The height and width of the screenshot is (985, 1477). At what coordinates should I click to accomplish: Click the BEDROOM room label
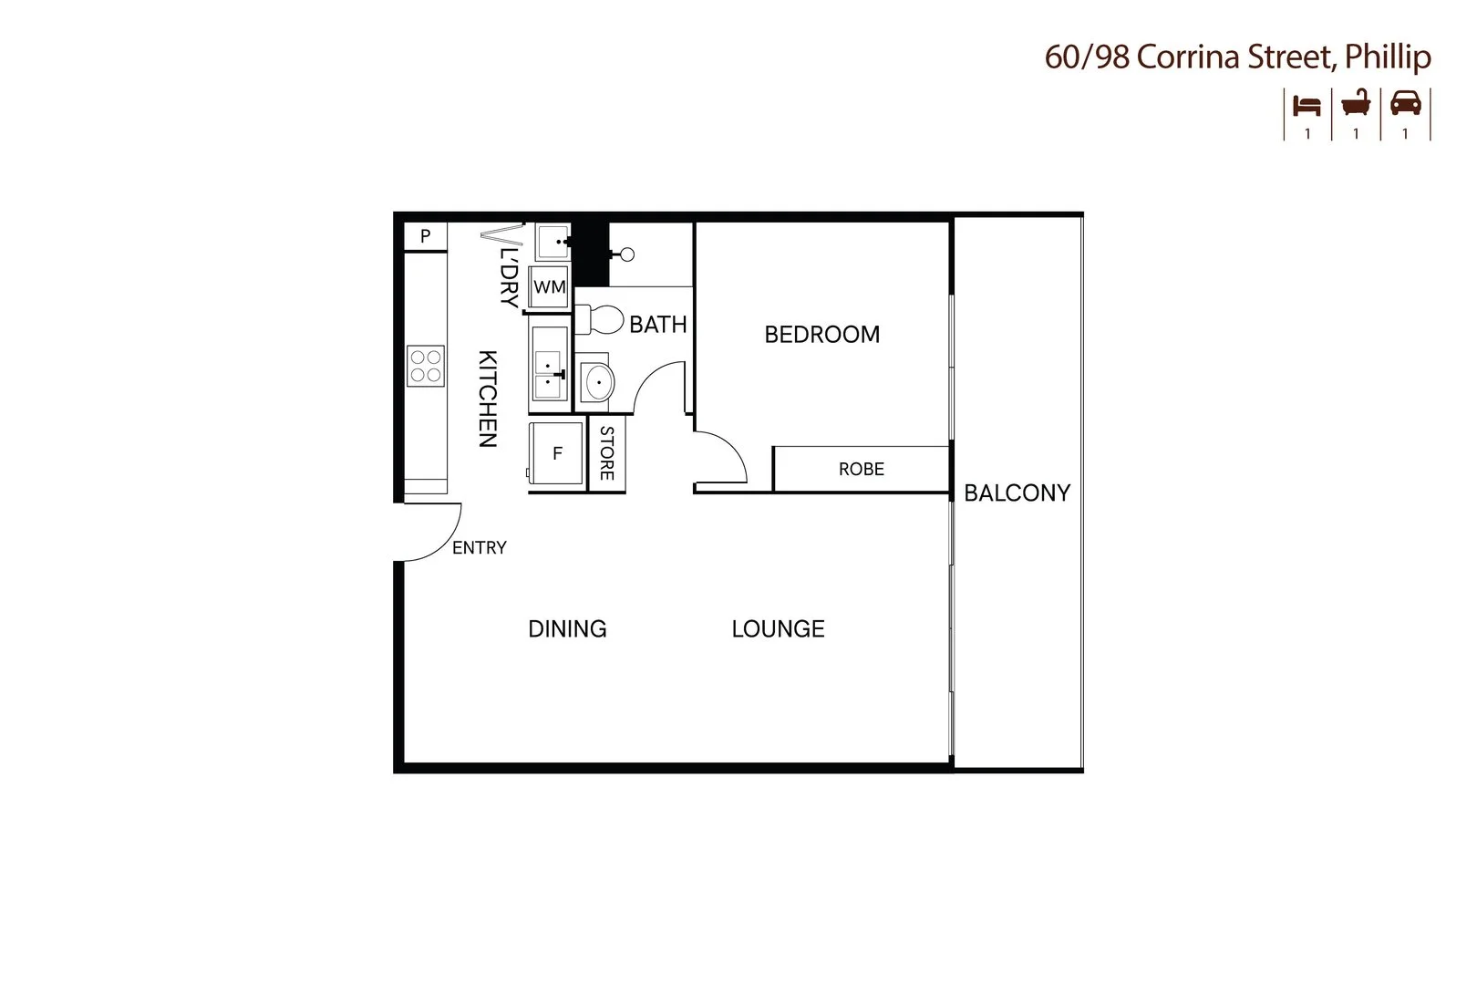click(821, 335)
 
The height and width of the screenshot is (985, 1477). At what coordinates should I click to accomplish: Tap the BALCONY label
click(1017, 493)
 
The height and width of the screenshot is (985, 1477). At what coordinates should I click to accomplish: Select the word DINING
click(567, 629)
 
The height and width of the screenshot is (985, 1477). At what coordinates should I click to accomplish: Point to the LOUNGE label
click(778, 629)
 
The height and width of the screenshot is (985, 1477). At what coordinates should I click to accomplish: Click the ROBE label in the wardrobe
click(861, 470)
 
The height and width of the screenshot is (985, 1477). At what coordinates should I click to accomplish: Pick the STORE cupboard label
click(607, 453)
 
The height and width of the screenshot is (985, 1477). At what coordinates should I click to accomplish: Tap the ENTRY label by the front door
click(479, 548)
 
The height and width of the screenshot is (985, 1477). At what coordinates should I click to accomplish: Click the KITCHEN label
click(488, 399)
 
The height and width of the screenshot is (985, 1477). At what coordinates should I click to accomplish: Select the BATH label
click(657, 325)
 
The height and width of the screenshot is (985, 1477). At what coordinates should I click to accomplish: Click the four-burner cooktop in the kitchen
click(425, 366)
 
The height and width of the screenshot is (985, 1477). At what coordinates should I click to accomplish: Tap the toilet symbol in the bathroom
click(600, 320)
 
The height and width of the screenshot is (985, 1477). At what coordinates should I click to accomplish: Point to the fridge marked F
click(556, 453)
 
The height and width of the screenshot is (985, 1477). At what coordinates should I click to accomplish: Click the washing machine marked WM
click(549, 287)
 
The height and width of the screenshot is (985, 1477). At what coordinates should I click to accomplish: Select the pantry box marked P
click(425, 237)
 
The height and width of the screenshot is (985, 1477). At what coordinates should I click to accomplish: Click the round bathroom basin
click(597, 382)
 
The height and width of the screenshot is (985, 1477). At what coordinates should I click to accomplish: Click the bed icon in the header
click(1307, 105)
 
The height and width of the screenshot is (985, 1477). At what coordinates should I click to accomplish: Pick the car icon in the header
click(1405, 103)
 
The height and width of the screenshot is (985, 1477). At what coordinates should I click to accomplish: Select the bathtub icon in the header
click(1356, 103)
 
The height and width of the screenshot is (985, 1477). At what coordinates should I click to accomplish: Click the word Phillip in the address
click(1388, 57)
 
